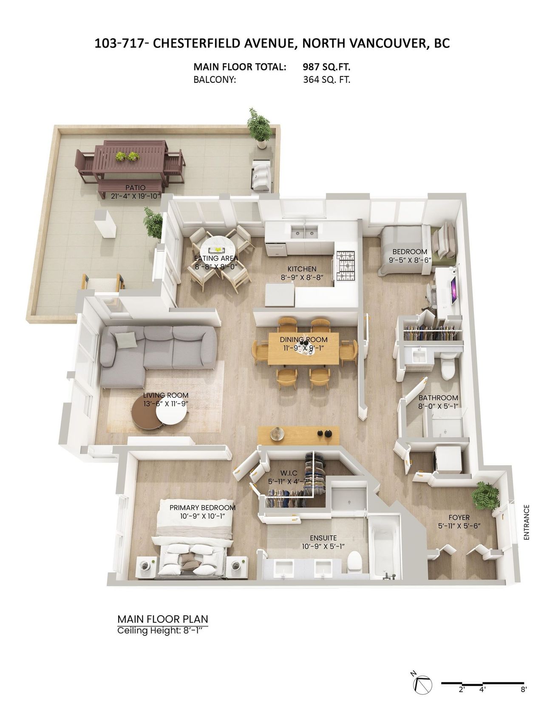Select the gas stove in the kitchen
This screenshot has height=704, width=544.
(x=346, y=266)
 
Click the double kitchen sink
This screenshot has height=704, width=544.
(x=303, y=232)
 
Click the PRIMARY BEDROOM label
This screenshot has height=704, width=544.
(x=202, y=508)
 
